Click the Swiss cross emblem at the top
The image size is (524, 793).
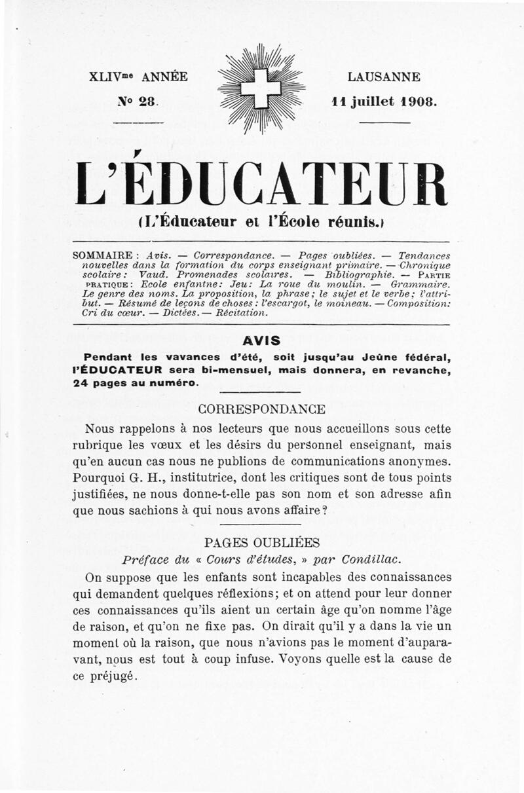[261, 87]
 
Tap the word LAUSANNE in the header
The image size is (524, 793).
[384, 77]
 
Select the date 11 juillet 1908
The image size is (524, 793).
[384, 102]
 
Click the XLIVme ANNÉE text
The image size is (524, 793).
[138, 77]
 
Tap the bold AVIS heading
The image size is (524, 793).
[261, 341]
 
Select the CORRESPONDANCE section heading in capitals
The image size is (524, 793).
[261, 410]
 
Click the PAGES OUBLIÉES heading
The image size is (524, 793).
[261, 543]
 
